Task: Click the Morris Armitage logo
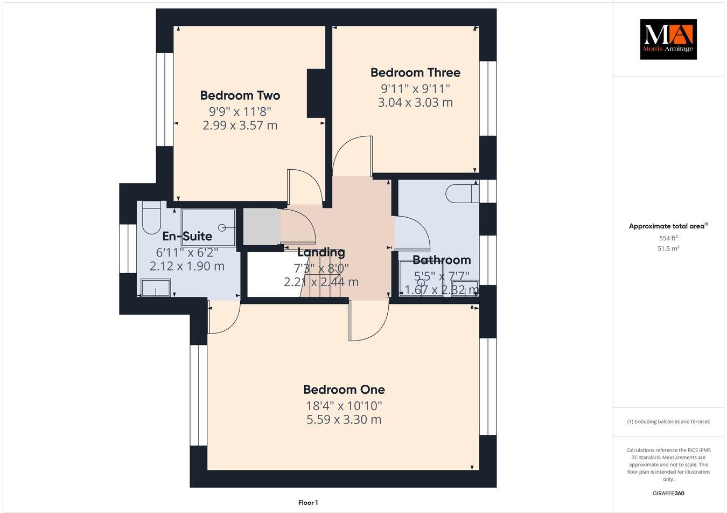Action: pyautogui.click(x=668, y=39)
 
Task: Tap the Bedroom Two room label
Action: pyautogui.click(x=240, y=95)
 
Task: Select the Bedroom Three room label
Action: pyautogui.click(x=415, y=72)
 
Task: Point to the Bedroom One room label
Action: pyautogui.click(x=344, y=389)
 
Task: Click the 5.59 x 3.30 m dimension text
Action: pyautogui.click(x=344, y=419)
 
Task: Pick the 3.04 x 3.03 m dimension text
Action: pyautogui.click(x=415, y=102)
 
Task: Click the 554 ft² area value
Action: pyautogui.click(x=668, y=238)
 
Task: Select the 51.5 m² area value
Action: pyautogui.click(x=668, y=248)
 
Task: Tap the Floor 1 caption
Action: pyautogui.click(x=308, y=503)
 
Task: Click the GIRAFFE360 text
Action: pyautogui.click(x=668, y=493)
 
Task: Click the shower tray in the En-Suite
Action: pyautogui.click(x=208, y=226)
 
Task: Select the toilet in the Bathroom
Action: pyautogui.click(x=462, y=193)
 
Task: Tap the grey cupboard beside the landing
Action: pyautogui.click(x=261, y=226)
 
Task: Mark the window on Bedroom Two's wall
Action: pyautogui.click(x=164, y=99)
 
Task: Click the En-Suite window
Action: pyautogui.click(x=128, y=248)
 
